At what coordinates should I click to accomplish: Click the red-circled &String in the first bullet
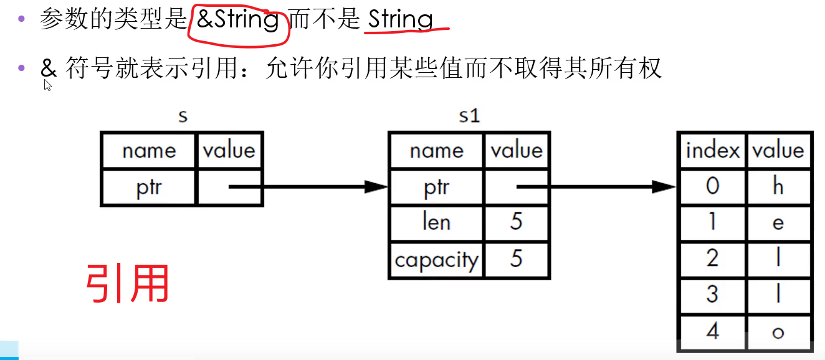point(237,20)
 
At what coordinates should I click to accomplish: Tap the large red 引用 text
point(128,283)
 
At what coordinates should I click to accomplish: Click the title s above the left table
point(183,116)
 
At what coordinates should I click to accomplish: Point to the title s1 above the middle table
point(469,116)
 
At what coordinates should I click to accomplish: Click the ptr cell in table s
point(148,187)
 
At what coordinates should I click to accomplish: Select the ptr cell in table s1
point(436,187)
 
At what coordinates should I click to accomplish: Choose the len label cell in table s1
point(436,222)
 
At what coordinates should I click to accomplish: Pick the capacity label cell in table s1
point(436,259)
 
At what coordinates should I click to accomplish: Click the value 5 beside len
point(516,222)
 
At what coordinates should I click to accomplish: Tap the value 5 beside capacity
point(516,259)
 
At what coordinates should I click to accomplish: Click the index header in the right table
point(712,151)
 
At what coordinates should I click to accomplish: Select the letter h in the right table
point(778,186)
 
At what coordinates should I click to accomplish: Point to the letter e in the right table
point(778,222)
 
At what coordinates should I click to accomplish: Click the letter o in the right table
point(778,332)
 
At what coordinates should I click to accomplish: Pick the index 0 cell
point(712,186)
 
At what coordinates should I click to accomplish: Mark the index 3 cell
point(712,295)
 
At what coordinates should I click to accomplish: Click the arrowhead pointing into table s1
point(376,186)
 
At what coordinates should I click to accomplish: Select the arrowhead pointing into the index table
point(664,186)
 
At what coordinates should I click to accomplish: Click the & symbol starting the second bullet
point(48,69)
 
